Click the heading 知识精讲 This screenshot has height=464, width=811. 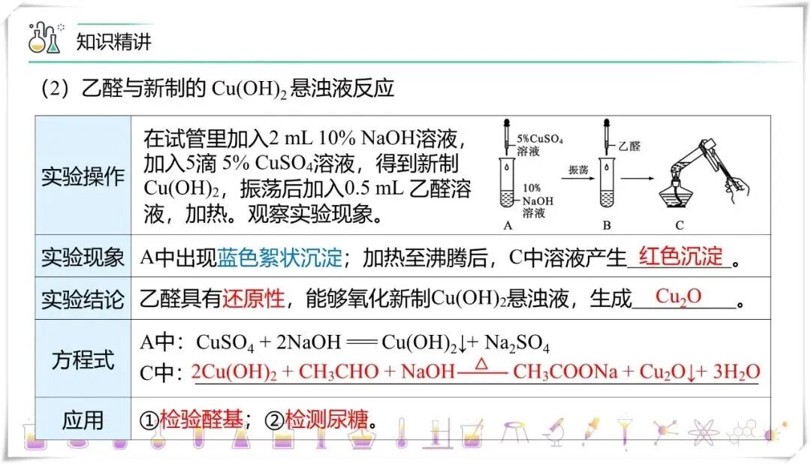(x=114, y=41)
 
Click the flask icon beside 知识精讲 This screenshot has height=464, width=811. (x=44, y=38)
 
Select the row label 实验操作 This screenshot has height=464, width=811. (x=83, y=177)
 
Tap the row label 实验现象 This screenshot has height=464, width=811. (x=83, y=258)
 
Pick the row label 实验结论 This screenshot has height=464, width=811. (x=83, y=299)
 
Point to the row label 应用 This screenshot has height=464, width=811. (x=83, y=420)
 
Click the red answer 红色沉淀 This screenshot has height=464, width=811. (x=680, y=256)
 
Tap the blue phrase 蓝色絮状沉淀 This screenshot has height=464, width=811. (x=279, y=258)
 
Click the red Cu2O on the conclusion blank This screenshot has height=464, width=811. (x=678, y=296)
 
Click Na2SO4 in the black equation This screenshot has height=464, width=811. (x=517, y=345)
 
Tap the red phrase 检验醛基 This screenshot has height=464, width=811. (x=202, y=420)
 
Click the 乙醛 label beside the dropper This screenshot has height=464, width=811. (x=629, y=147)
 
